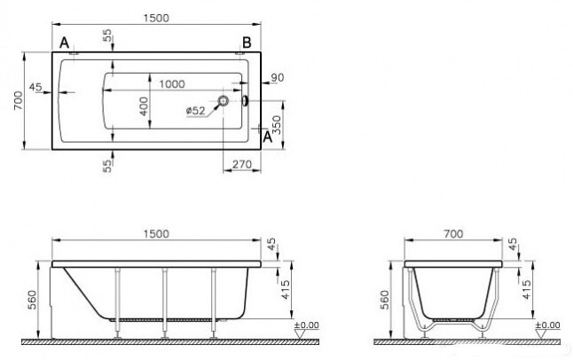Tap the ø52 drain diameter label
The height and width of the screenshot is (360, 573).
[196, 110]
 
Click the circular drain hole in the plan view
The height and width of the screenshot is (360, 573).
[224, 102]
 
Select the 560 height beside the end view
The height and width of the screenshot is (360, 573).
[382, 300]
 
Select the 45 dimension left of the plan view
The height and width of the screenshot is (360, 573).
[35, 87]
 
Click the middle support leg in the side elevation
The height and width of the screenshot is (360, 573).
[163, 301]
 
